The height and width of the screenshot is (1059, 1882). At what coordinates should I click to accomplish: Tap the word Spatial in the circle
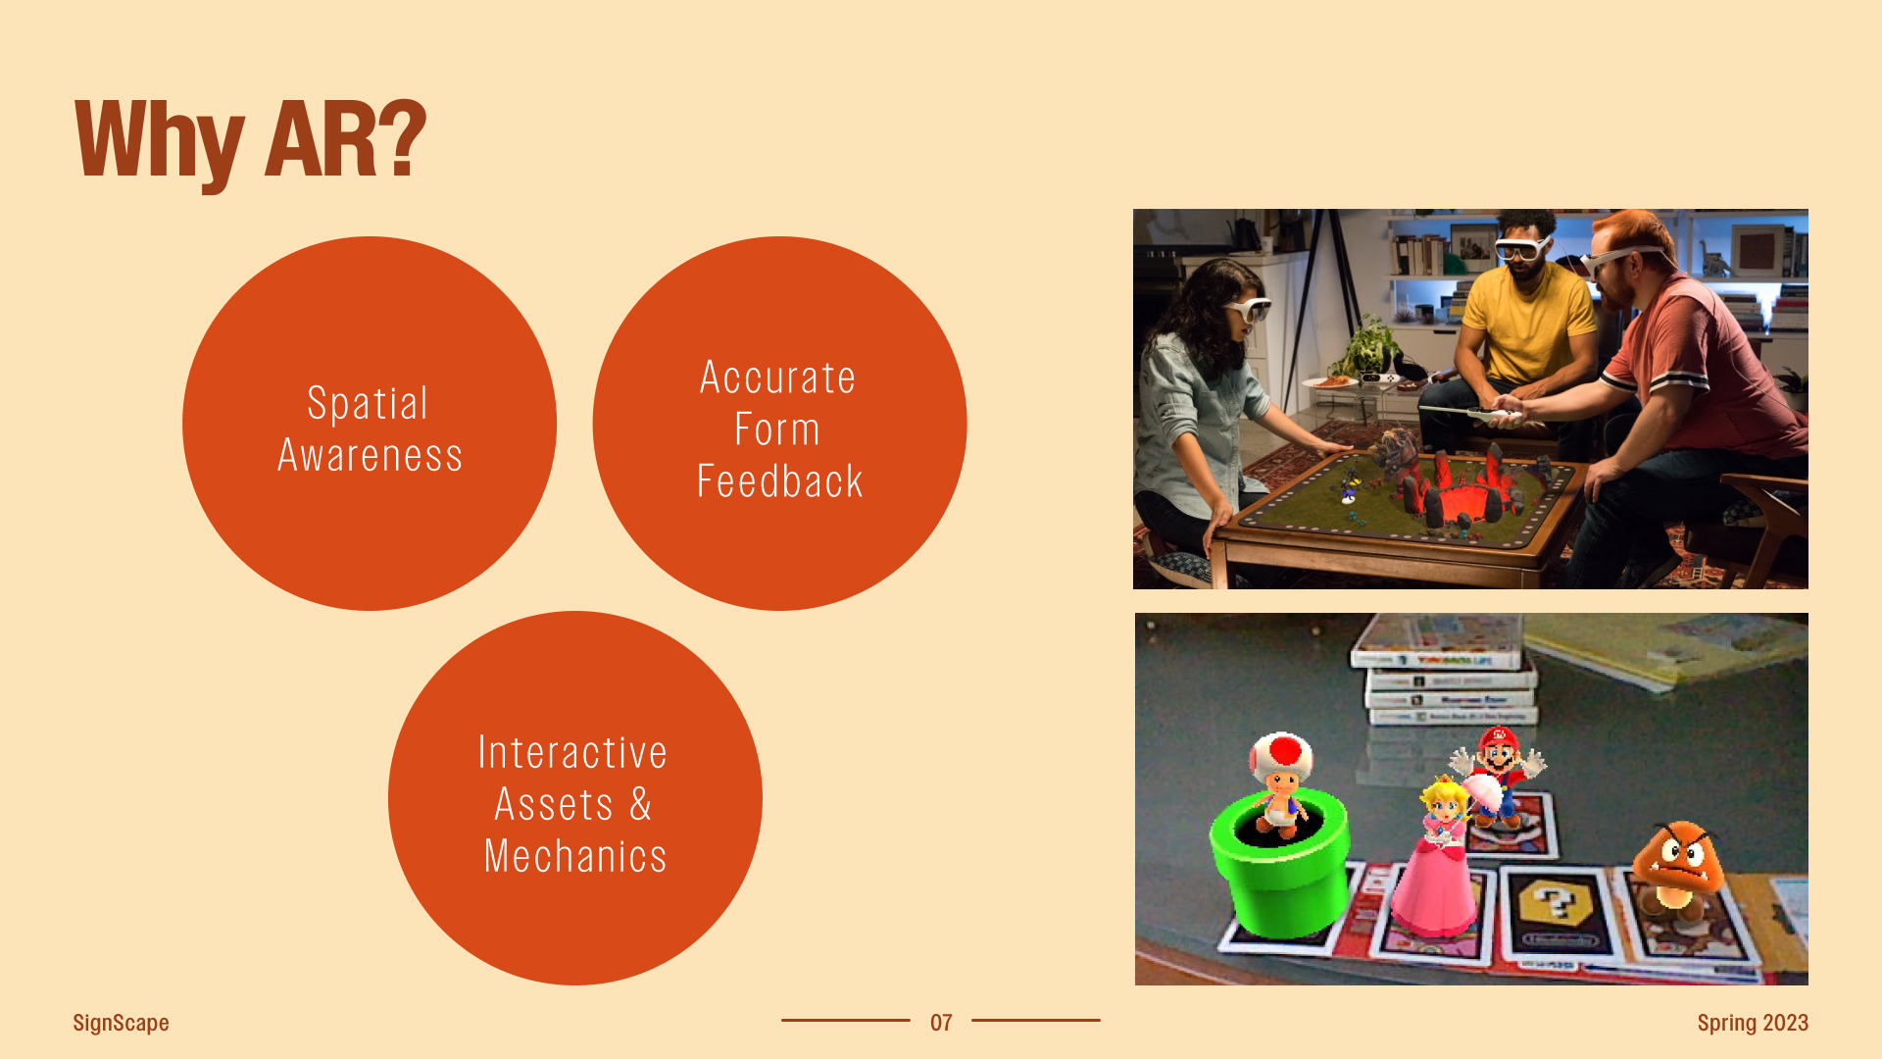(x=368, y=403)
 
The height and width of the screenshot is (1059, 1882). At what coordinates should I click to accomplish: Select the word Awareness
(x=370, y=456)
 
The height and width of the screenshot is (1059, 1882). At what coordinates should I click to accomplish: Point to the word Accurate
(x=778, y=378)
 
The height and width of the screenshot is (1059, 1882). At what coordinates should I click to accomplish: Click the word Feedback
(x=780, y=481)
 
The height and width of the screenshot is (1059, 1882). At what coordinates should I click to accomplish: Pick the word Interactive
(x=572, y=753)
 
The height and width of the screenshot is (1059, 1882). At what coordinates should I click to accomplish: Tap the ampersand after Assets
(x=641, y=804)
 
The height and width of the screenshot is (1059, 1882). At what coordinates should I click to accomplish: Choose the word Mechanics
(x=575, y=856)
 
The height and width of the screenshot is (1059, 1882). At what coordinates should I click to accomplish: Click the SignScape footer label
(x=121, y=1023)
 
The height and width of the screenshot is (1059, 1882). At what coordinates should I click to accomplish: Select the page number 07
(x=941, y=1023)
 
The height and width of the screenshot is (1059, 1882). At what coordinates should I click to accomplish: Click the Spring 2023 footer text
(x=1753, y=1023)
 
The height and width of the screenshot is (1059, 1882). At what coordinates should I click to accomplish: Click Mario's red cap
(x=1497, y=736)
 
